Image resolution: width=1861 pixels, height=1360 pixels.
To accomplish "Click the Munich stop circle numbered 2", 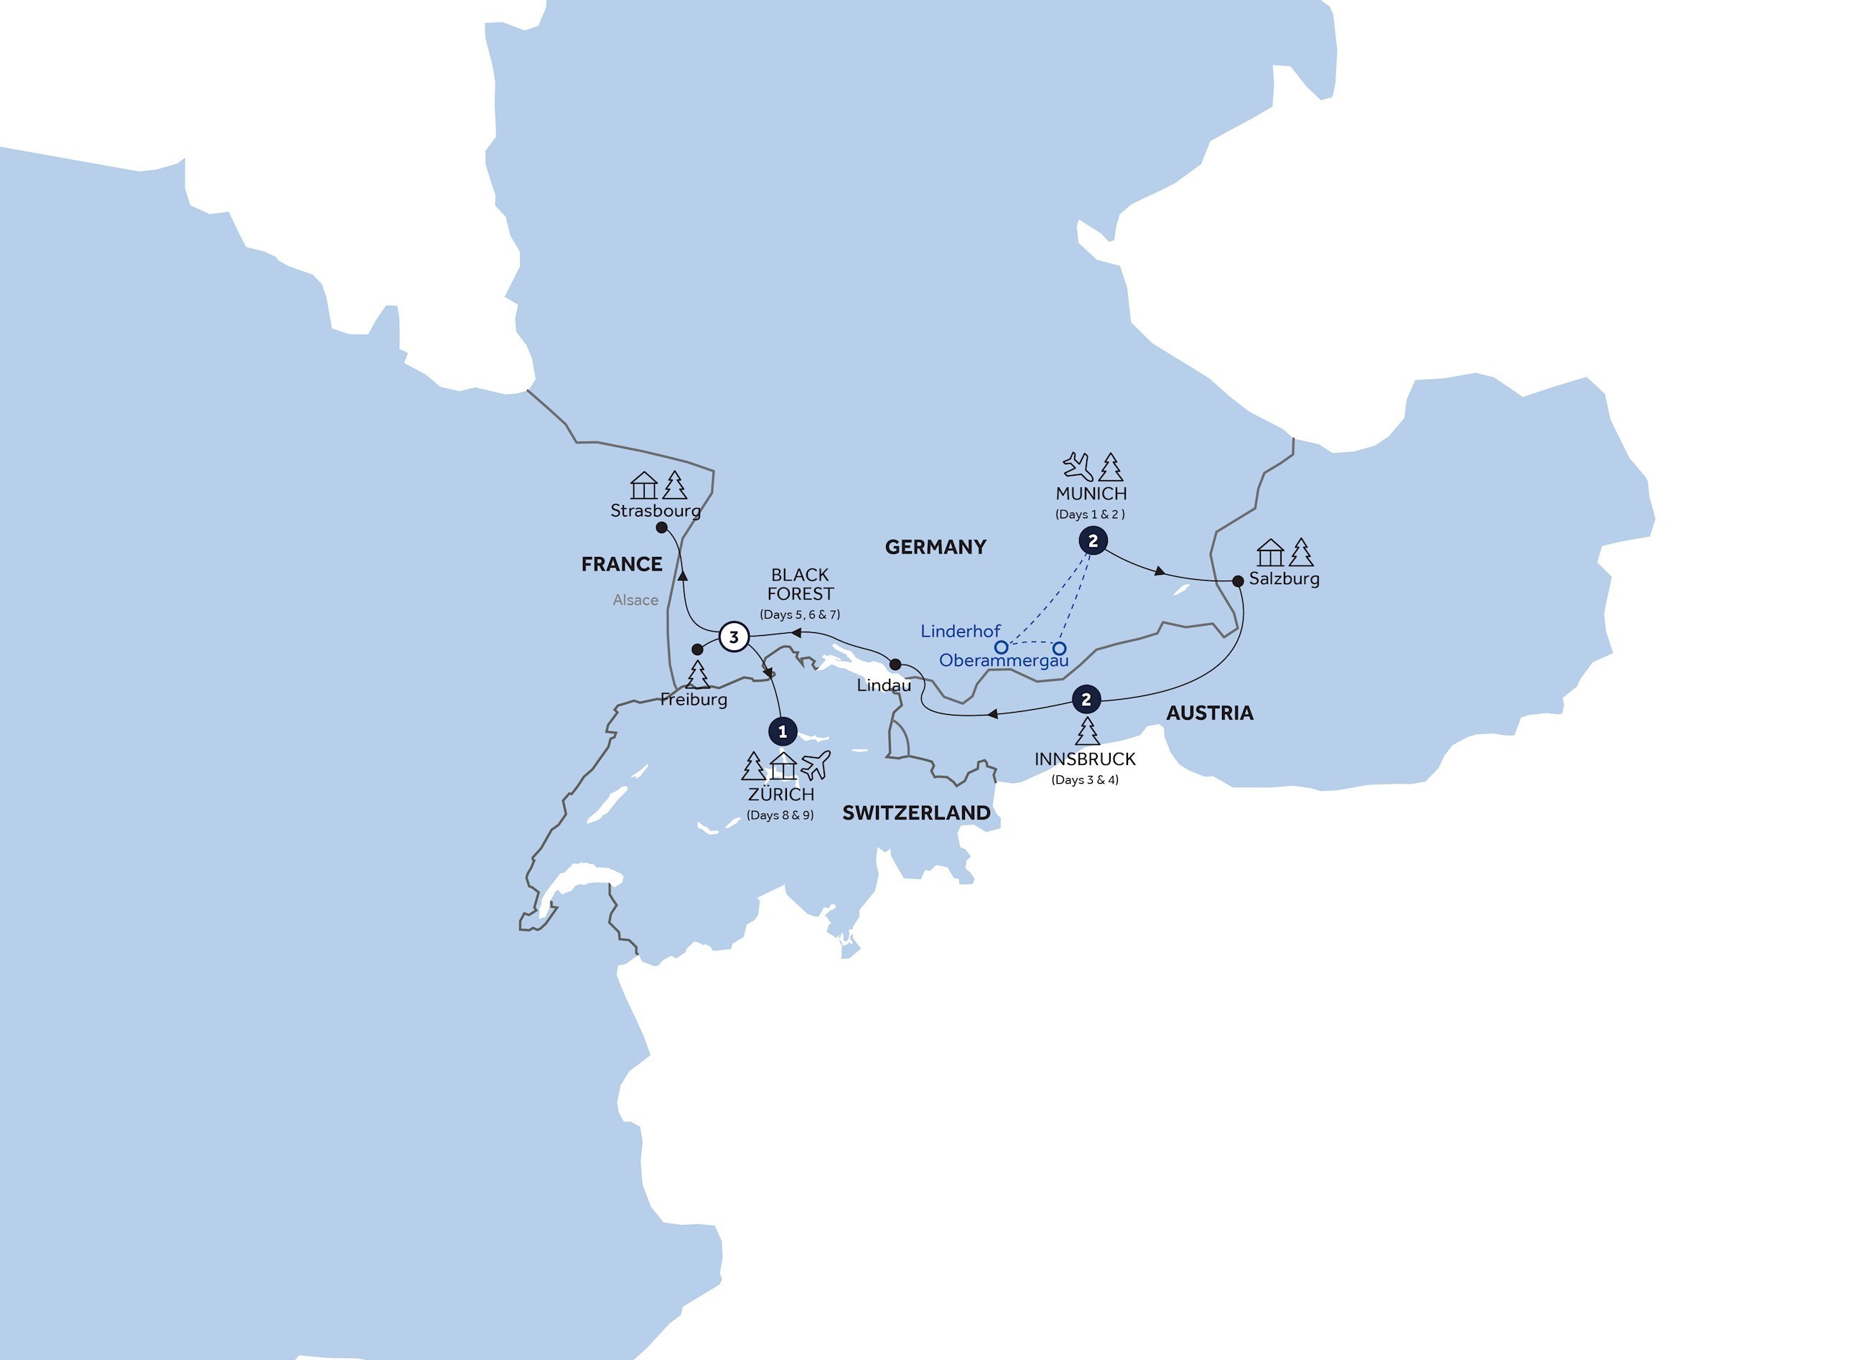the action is [x=1093, y=541].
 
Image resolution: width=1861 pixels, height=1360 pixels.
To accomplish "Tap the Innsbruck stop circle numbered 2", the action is [x=1086, y=700].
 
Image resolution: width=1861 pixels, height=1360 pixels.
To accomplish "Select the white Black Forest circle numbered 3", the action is [x=734, y=637].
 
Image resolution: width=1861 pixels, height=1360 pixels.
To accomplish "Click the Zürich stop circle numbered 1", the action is [x=783, y=731].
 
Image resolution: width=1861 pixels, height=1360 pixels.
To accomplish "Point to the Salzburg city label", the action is [x=1284, y=578].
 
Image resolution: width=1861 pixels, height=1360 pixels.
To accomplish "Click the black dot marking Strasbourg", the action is [x=661, y=527].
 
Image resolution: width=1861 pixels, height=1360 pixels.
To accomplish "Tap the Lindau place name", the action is [x=884, y=685].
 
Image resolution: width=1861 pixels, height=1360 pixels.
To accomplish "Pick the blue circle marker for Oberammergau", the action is [x=1060, y=649].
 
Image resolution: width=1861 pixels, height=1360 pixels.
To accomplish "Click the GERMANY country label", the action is [x=936, y=547].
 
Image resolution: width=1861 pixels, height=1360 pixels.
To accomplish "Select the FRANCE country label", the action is [x=622, y=564].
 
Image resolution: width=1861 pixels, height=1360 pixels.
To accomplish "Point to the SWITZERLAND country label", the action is [x=915, y=812].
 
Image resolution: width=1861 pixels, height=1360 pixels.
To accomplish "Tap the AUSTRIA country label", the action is [x=1210, y=713].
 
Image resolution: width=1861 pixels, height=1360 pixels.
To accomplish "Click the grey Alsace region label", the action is [x=635, y=600].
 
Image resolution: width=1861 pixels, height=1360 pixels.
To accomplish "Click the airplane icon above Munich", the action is [x=1077, y=466].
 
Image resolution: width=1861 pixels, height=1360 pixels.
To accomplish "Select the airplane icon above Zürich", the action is [x=815, y=766].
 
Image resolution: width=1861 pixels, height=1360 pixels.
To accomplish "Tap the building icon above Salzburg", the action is [x=1271, y=553].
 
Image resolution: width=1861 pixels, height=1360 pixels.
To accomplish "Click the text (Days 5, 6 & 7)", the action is [x=800, y=614].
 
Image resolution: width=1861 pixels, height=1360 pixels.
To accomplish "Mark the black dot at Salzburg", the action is [x=1238, y=581].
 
